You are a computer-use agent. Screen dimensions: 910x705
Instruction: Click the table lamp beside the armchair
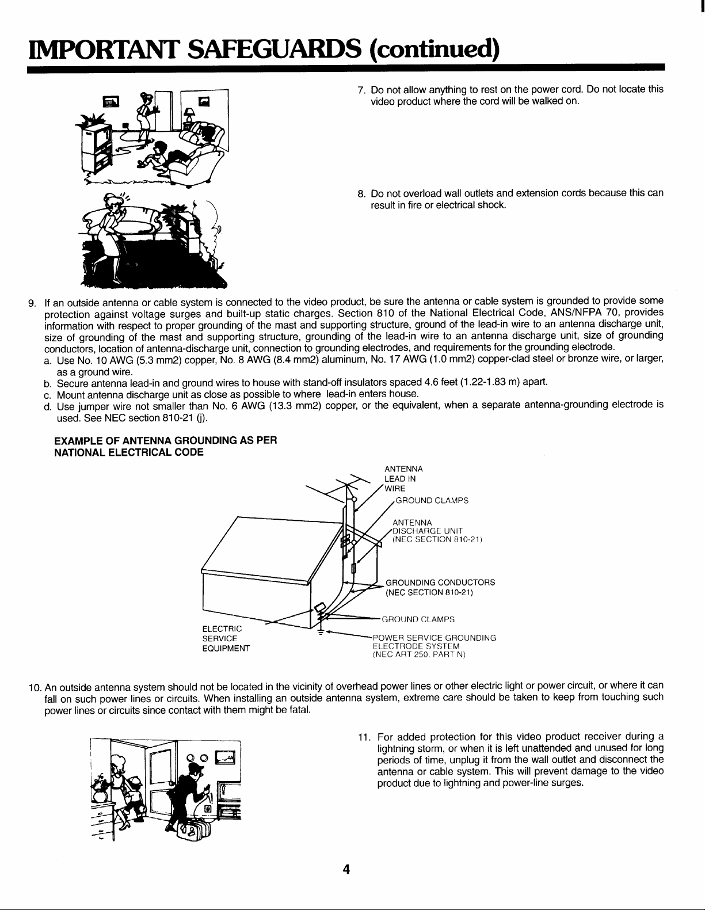(188, 116)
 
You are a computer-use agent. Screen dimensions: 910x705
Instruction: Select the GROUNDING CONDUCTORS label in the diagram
(440, 587)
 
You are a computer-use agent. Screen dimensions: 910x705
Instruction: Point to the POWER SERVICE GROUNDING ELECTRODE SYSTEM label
(434, 646)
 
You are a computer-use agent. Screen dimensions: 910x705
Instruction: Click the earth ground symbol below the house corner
(321, 633)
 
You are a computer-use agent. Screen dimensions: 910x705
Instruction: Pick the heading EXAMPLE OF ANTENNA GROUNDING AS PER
(166, 440)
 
